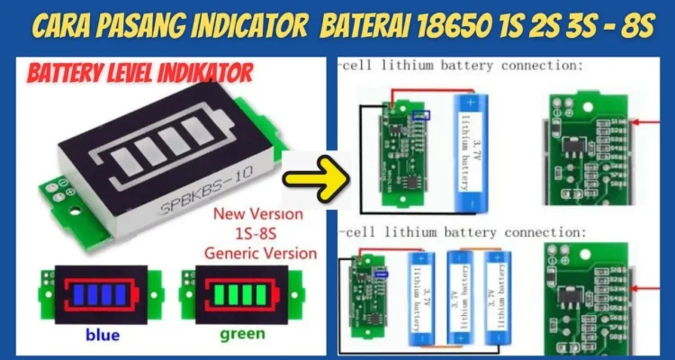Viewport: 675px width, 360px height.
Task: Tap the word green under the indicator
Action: pyautogui.click(x=240, y=335)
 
